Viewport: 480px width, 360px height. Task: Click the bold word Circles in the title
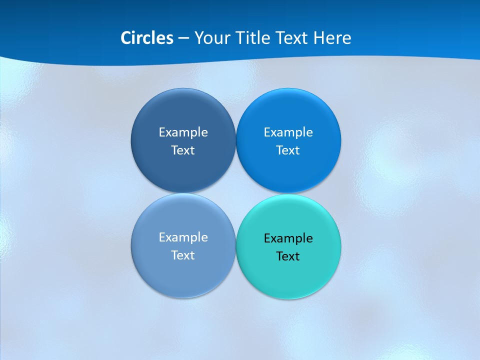147,38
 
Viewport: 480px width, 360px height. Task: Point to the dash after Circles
183,38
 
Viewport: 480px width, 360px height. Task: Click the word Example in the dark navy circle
183,132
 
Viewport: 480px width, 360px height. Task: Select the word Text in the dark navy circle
183,150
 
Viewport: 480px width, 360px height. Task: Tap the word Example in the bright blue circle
288,132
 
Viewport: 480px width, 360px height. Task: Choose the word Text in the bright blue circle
288,150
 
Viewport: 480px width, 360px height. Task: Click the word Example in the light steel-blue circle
183,237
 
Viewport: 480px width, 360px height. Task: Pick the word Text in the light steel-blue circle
183,255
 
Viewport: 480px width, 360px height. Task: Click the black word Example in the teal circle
288,238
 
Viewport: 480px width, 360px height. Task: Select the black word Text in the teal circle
288,256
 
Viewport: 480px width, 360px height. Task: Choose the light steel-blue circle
183,277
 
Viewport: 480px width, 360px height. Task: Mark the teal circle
288,279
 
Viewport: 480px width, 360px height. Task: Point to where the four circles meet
235,193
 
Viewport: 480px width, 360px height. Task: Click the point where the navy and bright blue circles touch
235,140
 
